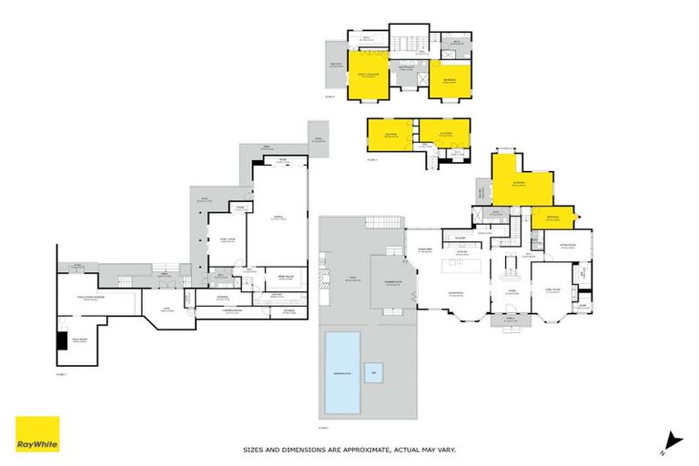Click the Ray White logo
37,433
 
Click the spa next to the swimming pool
373,372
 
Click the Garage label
279,217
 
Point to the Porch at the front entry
511,319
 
